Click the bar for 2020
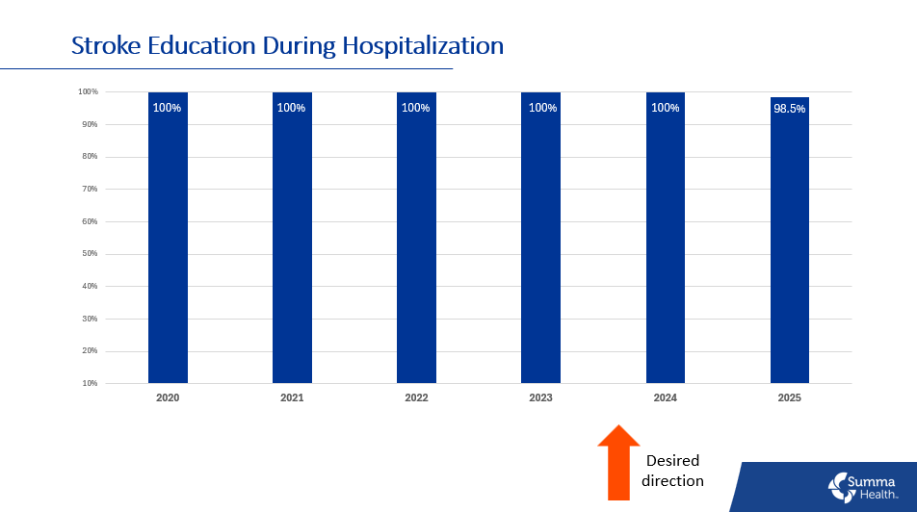click(x=168, y=241)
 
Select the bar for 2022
click(x=416, y=241)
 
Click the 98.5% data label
click(x=789, y=109)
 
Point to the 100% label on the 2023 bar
click(x=541, y=108)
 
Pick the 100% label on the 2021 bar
click(x=291, y=108)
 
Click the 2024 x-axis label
click(x=665, y=397)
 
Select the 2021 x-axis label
click(x=292, y=397)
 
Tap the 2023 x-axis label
click(x=540, y=397)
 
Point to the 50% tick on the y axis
click(x=89, y=254)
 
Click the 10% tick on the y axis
click(x=89, y=383)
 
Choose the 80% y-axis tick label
click(x=89, y=157)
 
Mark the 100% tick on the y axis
click(x=88, y=92)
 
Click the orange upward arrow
click(x=617, y=462)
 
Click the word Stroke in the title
click(x=105, y=45)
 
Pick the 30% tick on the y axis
click(x=89, y=319)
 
